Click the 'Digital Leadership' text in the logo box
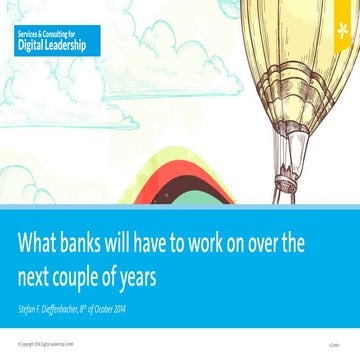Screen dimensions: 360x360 51,46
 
